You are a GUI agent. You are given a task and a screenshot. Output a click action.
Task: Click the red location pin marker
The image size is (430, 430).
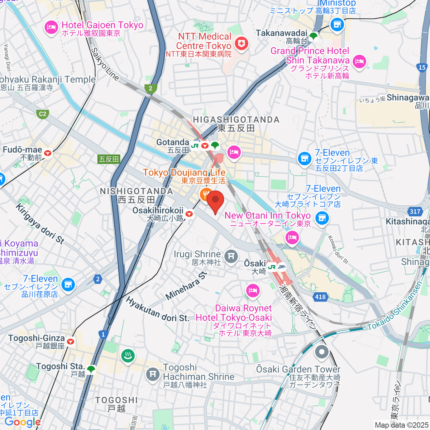215,202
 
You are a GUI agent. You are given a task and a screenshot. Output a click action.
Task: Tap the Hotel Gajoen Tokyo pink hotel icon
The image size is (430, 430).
51,28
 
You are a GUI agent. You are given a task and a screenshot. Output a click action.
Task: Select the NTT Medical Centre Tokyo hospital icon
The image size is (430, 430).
242,44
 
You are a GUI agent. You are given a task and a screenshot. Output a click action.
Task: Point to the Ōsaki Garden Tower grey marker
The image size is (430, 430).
321,352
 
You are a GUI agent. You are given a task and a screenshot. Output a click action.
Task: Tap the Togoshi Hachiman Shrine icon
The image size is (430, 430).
153,374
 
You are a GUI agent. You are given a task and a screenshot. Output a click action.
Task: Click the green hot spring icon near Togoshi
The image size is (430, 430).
128,355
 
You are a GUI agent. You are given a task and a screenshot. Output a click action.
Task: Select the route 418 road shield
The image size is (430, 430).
320,297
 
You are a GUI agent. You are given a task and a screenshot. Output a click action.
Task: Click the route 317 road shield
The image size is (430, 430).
415,211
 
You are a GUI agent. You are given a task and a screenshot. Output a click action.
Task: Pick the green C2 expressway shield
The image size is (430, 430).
43,114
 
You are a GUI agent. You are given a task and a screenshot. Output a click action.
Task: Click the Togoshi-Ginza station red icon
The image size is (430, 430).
71,341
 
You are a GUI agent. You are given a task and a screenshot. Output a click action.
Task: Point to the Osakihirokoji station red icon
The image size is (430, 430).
189,214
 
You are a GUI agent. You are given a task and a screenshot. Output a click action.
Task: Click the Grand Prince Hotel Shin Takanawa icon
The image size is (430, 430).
359,61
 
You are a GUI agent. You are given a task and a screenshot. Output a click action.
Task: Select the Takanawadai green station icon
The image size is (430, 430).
313,36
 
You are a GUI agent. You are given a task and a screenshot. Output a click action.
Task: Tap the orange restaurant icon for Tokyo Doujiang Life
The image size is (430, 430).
205,195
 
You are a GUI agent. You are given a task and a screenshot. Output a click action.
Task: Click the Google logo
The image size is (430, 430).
23,422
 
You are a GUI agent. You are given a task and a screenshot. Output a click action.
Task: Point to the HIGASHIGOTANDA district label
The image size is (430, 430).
236,120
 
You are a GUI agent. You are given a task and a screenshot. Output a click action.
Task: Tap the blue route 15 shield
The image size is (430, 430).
422,67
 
